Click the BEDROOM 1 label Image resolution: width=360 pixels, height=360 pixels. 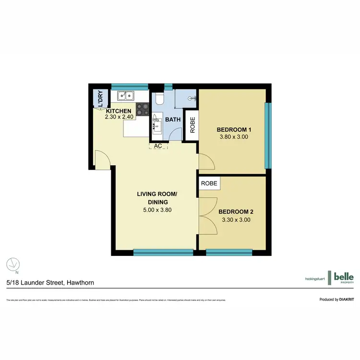point(234,130)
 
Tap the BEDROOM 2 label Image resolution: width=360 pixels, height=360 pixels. point(236,212)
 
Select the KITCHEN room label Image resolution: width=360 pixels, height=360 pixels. point(119,111)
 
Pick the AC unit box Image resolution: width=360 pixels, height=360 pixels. point(157,146)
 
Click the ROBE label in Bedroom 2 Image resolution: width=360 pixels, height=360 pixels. point(209,183)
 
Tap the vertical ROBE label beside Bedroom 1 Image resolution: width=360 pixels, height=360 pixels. point(192,125)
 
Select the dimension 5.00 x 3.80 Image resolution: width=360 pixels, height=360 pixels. point(157,210)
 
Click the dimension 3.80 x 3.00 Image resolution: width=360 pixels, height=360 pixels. point(234,137)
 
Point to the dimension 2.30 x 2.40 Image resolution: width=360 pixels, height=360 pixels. point(119,117)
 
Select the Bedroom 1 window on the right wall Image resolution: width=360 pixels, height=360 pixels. point(269,135)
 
